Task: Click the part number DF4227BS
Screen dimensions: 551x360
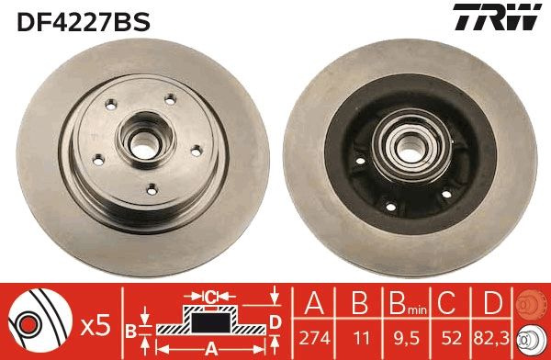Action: point(84,22)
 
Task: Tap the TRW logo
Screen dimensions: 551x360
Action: point(497,17)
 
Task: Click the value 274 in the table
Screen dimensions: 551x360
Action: point(314,339)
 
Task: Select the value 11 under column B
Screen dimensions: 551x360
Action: point(361,339)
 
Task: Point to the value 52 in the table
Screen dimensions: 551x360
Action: point(452,339)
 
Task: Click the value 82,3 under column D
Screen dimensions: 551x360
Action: point(491,339)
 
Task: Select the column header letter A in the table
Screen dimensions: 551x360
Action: point(314,302)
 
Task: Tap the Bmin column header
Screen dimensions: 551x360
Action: point(408,303)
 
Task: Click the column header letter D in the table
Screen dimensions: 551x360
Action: point(492,302)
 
